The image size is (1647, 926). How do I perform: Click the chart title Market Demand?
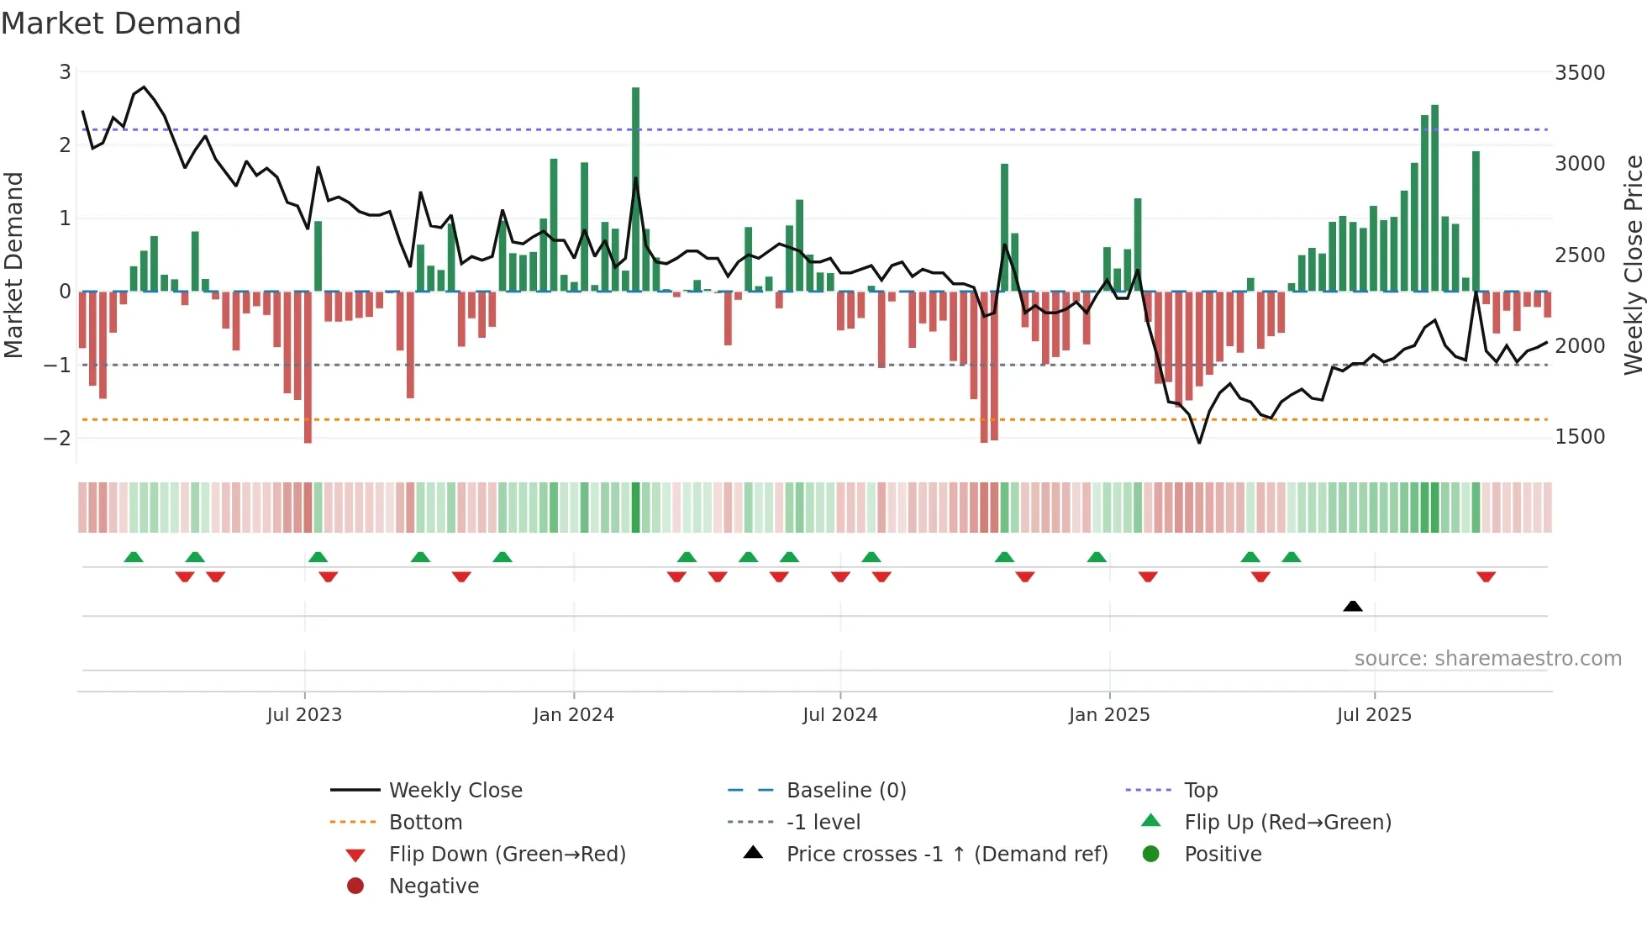click(x=121, y=24)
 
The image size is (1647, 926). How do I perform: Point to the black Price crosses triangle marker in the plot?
click(x=1352, y=606)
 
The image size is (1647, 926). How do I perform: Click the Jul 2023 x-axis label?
click(x=304, y=715)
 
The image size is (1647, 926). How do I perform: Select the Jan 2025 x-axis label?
click(x=1108, y=715)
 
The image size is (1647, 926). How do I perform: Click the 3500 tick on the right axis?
click(x=1579, y=73)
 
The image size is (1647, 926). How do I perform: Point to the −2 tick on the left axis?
click(x=57, y=438)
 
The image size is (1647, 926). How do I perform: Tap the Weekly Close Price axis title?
click(x=1633, y=265)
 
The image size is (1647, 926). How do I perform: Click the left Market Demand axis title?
click(x=14, y=265)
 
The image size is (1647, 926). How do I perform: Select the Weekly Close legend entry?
click(x=455, y=791)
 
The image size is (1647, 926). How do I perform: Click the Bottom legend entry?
click(x=425, y=823)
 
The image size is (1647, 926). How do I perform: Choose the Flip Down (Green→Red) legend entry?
click(x=507, y=855)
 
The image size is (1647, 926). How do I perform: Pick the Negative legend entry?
click(x=434, y=887)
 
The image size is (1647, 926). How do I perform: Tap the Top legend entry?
click(x=1201, y=791)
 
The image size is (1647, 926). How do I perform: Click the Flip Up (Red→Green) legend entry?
click(x=1287, y=823)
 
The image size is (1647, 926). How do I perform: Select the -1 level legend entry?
click(x=823, y=823)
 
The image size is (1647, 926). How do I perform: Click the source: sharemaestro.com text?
click(x=1487, y=659)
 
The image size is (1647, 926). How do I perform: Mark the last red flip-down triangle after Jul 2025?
click(x=1486, y=576)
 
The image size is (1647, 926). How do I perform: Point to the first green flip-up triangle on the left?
click(x=134, y=557)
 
